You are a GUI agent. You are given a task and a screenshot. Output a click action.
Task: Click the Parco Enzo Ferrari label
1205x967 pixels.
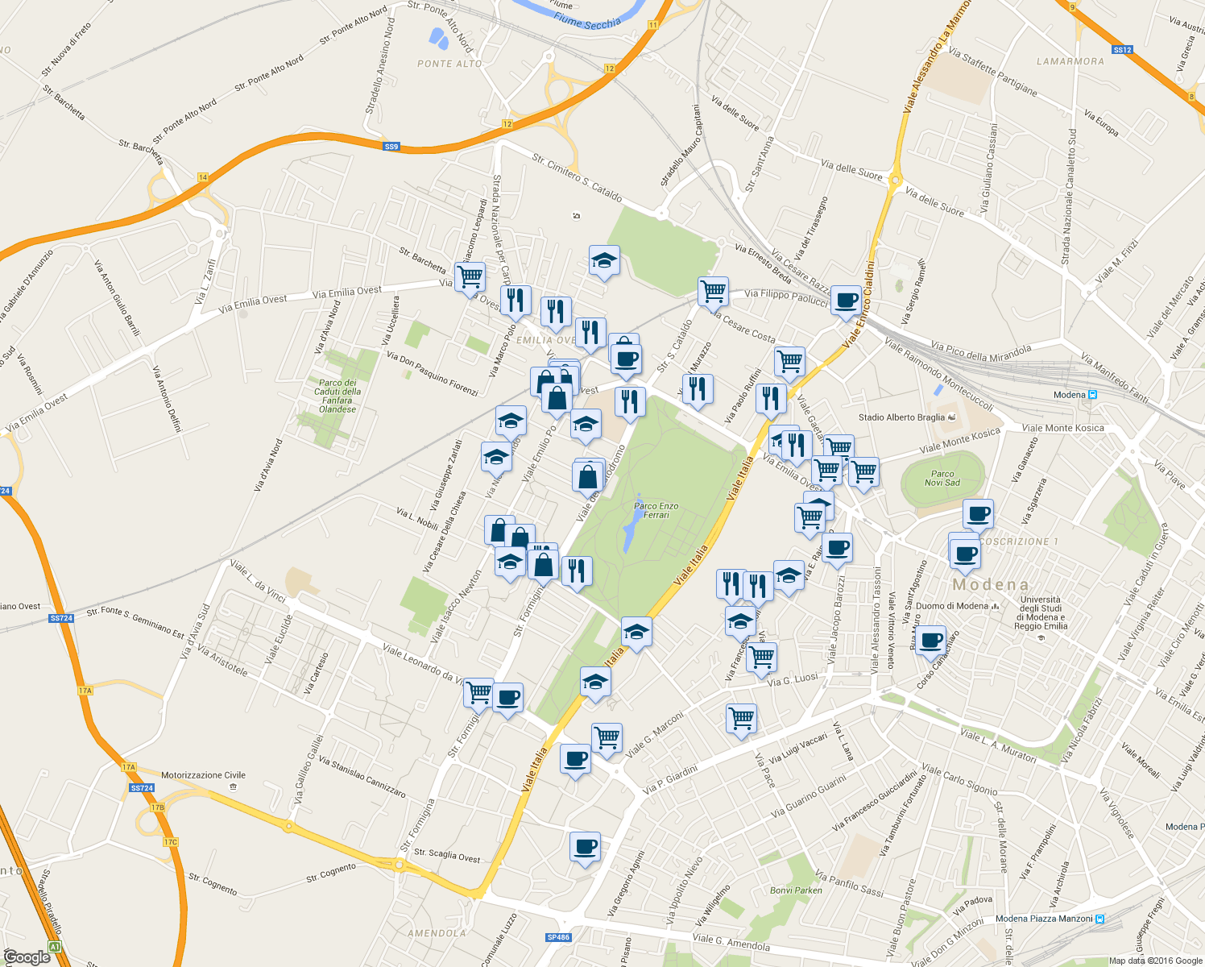656,510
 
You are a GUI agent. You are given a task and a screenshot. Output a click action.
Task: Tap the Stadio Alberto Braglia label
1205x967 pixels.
901,417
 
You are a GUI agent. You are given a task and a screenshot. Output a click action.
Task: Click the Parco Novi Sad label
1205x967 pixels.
942,479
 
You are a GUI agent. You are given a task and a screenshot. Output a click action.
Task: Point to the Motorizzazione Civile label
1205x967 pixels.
203,775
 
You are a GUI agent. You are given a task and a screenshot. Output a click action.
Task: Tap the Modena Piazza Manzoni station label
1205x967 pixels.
1044,919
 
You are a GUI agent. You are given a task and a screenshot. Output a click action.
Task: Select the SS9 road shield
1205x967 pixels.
391,147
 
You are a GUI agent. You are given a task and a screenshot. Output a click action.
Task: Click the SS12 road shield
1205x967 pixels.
1122,50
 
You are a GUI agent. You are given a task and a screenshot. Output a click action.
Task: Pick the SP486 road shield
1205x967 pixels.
558,937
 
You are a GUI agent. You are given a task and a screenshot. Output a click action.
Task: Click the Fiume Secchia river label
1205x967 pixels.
587,23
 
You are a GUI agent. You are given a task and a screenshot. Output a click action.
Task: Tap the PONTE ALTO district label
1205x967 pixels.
449,64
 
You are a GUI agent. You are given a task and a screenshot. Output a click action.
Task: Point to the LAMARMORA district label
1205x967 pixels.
1070,61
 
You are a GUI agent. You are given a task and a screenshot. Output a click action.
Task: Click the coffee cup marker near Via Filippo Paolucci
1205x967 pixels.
846,301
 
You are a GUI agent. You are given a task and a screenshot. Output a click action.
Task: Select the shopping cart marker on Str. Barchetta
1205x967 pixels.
470,277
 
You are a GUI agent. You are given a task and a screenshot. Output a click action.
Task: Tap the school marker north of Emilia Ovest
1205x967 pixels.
603,260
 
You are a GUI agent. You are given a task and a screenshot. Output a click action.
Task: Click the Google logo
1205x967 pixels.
27,957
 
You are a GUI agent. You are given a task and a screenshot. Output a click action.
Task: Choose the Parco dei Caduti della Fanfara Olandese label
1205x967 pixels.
337,396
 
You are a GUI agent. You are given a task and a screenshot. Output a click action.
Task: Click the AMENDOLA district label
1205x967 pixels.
437,933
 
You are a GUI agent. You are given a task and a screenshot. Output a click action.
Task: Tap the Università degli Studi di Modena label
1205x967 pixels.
1041,612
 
